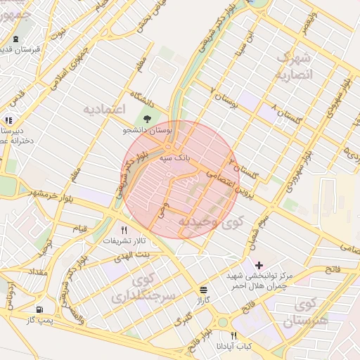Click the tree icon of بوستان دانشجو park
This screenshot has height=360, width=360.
click(147, 119)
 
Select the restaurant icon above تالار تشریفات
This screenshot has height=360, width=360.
click(124, 230)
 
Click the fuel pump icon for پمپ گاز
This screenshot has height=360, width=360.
click(39, 309)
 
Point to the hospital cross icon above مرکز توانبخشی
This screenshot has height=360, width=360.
click(259, 265)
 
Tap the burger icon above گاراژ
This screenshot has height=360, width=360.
click(203, 288)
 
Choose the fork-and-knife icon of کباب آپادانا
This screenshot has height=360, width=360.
click(234, 335)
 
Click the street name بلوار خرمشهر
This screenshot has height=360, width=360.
click(44, 193)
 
